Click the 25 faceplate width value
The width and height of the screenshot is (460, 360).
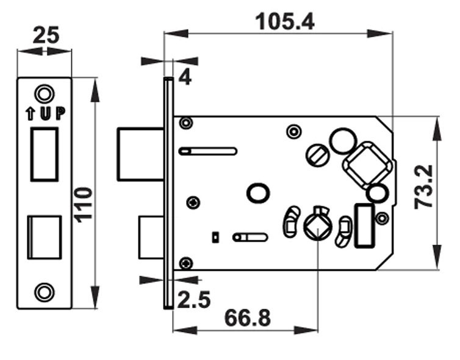point(45,35)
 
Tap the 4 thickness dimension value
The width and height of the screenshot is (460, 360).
point(185,78)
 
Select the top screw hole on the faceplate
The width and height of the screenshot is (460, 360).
point(43,93)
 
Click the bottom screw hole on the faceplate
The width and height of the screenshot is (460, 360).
point(43,292)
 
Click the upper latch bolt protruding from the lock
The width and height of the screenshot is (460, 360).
point(141,154)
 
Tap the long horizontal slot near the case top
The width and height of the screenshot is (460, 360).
point(207,151)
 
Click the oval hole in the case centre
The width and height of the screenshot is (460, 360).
point(257,193)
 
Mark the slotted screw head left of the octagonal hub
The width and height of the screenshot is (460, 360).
point(316,153)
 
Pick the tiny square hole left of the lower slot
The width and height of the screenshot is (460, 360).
point(215,236)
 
